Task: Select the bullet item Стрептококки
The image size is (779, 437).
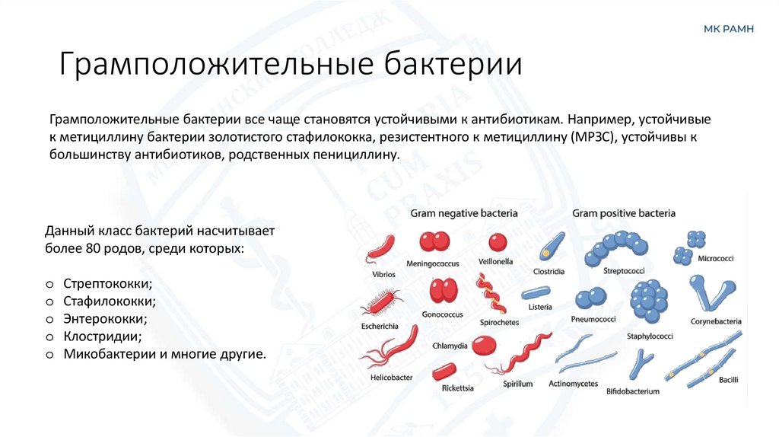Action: click(x=108, y=283)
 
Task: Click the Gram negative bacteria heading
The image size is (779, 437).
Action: click(x=464, y=214)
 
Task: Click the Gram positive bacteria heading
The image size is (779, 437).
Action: click(x=624, y=214)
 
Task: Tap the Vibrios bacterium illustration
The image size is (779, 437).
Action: click(x=380, y=248)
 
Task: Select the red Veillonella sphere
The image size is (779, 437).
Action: click(x=498, y=242)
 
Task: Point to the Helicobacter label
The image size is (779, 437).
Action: click(x=391, y=378)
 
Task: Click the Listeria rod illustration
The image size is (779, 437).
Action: click(x=537, y=292)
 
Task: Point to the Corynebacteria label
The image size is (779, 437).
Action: click(x=716, y=321)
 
